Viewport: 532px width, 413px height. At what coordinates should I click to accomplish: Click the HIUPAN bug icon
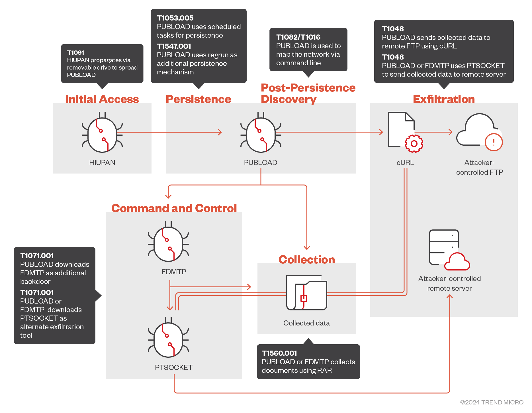pos(102,133)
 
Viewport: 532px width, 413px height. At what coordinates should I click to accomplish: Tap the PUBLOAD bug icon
pos(261,133)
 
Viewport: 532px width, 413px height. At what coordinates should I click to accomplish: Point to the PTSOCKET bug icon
pos(168,338)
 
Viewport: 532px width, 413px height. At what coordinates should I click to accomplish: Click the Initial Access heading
pos(102,99)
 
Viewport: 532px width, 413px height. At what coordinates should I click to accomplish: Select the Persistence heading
pos(198,99)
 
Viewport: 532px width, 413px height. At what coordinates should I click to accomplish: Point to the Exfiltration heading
pos(444,99)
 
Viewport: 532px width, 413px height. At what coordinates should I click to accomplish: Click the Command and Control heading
pos(174,208)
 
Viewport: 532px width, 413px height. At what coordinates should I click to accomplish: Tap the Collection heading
pos(306,260)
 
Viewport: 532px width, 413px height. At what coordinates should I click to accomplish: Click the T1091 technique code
pos(75,53)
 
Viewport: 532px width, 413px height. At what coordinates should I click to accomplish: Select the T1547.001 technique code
pos(174,46)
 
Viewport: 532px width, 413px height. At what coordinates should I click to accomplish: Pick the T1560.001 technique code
pos(279,353)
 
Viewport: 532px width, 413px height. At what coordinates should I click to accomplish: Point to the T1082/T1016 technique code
pos(298,37)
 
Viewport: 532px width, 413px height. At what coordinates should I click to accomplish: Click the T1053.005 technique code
pos(175,18)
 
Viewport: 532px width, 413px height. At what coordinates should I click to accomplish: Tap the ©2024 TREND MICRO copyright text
pos(492,402)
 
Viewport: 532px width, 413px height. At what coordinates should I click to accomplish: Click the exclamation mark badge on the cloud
pos(494,142)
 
